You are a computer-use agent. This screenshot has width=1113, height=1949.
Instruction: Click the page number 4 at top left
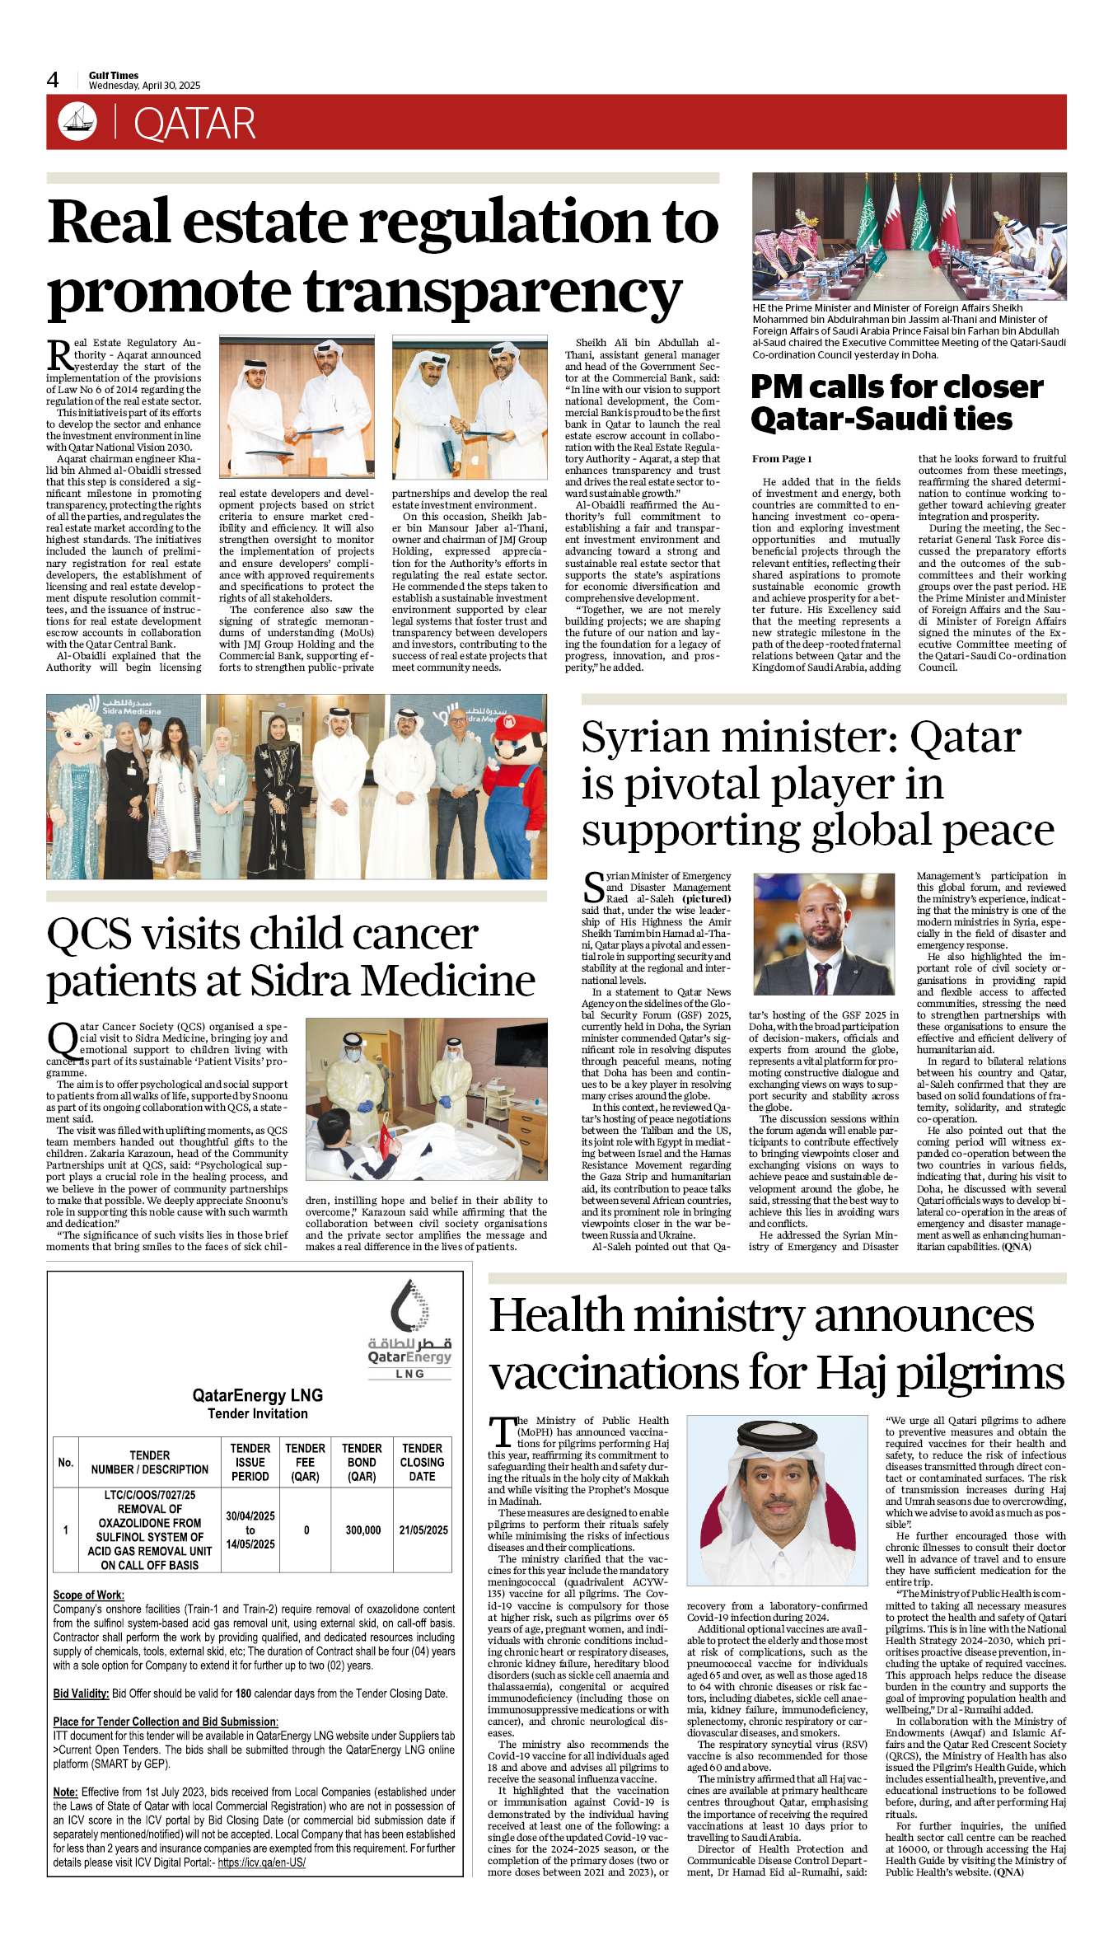[x=53, y=80]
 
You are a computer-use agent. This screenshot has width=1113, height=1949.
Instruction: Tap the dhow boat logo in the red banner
[x=77, y=121]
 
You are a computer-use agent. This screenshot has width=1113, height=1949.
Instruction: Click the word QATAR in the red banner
[x=194, y=124]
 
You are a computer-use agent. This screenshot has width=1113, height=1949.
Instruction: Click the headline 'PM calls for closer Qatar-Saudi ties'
[x=896, y=402]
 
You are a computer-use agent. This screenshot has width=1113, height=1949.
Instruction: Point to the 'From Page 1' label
[x=781, y=459]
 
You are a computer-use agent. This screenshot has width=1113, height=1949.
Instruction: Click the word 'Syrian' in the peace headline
[x=652, y=737]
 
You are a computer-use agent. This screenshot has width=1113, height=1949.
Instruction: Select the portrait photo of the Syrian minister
[x=824, y=935]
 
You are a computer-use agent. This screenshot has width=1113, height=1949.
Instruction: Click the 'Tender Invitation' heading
[x=257, y=1413]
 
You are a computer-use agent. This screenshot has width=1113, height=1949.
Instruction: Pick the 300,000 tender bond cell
[x=362, y=1530]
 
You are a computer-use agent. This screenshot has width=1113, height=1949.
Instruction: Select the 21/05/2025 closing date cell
[x=423, y=1530]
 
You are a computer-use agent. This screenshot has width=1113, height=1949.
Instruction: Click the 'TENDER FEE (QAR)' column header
[x=305, y=1462]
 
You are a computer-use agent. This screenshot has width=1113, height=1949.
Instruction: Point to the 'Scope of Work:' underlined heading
[x=88, y=1595]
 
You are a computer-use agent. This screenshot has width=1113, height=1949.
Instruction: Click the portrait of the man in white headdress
[x=777, y=1500]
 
